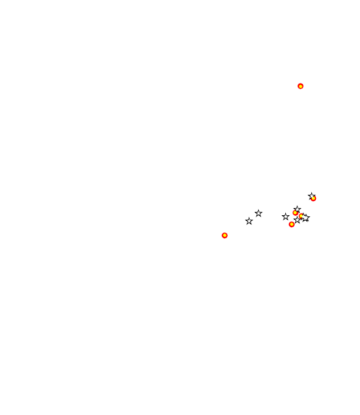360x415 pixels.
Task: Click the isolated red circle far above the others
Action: (300, 86)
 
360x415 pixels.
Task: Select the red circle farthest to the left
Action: (224, 235)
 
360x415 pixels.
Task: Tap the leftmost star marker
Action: (249, 221)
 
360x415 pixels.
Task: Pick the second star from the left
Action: (259, 214)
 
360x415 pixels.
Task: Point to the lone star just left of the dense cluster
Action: (286, 217)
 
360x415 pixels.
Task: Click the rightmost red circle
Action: (313, 198)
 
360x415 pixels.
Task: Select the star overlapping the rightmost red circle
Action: (311, 196)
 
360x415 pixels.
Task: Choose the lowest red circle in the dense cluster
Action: (292, 224)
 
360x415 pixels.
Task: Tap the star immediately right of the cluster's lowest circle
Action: (297, 220)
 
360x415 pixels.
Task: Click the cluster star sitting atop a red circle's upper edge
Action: (297, 209)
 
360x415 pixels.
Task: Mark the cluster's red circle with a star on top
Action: (296, 212)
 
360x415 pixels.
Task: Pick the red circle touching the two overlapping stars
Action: (301, 216)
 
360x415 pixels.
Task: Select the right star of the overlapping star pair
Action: (306, 218)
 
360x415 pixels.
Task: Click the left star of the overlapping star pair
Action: (304, 217)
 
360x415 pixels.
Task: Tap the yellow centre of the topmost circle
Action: (300, 86)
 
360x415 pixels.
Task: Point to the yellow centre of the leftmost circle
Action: (224, 235)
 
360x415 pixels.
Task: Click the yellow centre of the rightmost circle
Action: (313, 198)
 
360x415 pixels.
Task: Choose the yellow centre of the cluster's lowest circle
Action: (292, 224)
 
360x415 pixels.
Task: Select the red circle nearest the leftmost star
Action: (224, 235)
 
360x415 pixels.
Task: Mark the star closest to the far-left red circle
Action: (249, 221)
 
